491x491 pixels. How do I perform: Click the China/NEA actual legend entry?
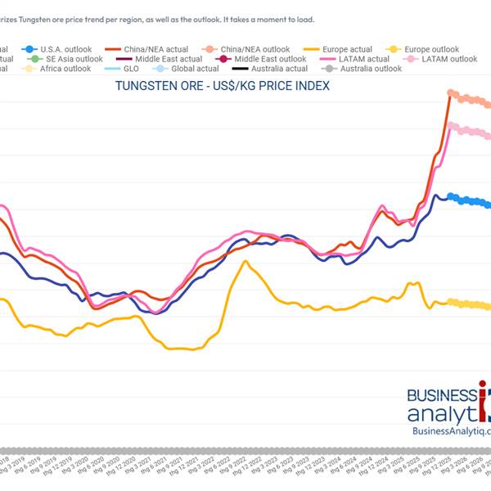[x=156, y=49]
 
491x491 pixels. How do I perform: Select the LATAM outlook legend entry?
[x=446, y=59]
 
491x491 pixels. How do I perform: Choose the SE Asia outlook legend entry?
[x=74, y=59]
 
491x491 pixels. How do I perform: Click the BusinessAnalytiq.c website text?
[x=451, y=431]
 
